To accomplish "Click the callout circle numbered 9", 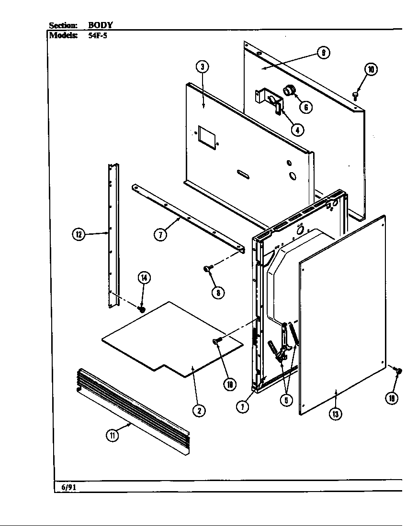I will (324, 53).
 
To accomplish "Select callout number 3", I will (203, 67).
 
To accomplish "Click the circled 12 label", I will (79, 234).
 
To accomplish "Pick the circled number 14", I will (144, 277).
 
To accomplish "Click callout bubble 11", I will (112, 436).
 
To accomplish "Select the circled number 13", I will (335, 414).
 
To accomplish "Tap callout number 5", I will (286, 400).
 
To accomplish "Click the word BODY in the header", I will (101, 25).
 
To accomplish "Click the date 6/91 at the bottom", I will (68, 487).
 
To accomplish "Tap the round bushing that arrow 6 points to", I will (289, 90).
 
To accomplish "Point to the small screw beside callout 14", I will (142, 309).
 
